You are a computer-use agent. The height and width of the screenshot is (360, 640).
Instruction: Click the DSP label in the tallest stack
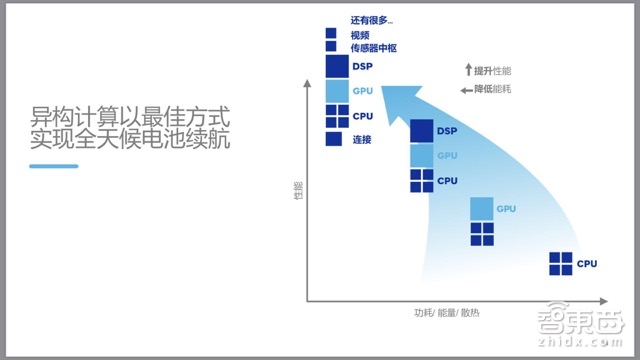(363, 67)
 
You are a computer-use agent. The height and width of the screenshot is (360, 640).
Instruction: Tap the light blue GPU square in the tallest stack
(336, 91)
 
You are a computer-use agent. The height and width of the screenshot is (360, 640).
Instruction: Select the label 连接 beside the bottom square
(362, 139)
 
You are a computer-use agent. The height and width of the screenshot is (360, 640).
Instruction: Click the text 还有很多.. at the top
(372, 19)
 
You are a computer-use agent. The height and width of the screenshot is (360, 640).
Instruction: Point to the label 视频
(360, 33)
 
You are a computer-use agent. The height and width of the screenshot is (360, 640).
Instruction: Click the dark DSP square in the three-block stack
(422, 131)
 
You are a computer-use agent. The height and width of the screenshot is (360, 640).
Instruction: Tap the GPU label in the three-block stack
(447, 156)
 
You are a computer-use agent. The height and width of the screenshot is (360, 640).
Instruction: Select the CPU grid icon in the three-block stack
(422, 180)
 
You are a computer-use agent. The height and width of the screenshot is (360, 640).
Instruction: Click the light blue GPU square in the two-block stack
(482, 208)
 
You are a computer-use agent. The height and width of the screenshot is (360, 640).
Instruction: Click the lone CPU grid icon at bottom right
(561, 264)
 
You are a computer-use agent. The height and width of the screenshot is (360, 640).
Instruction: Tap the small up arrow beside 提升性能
(467, 70)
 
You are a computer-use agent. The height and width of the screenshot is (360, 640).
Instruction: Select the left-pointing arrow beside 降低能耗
(467, 90)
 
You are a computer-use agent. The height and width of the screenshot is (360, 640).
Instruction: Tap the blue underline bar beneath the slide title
(54, 166)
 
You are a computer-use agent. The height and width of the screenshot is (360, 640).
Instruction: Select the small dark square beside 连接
(335, 139)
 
